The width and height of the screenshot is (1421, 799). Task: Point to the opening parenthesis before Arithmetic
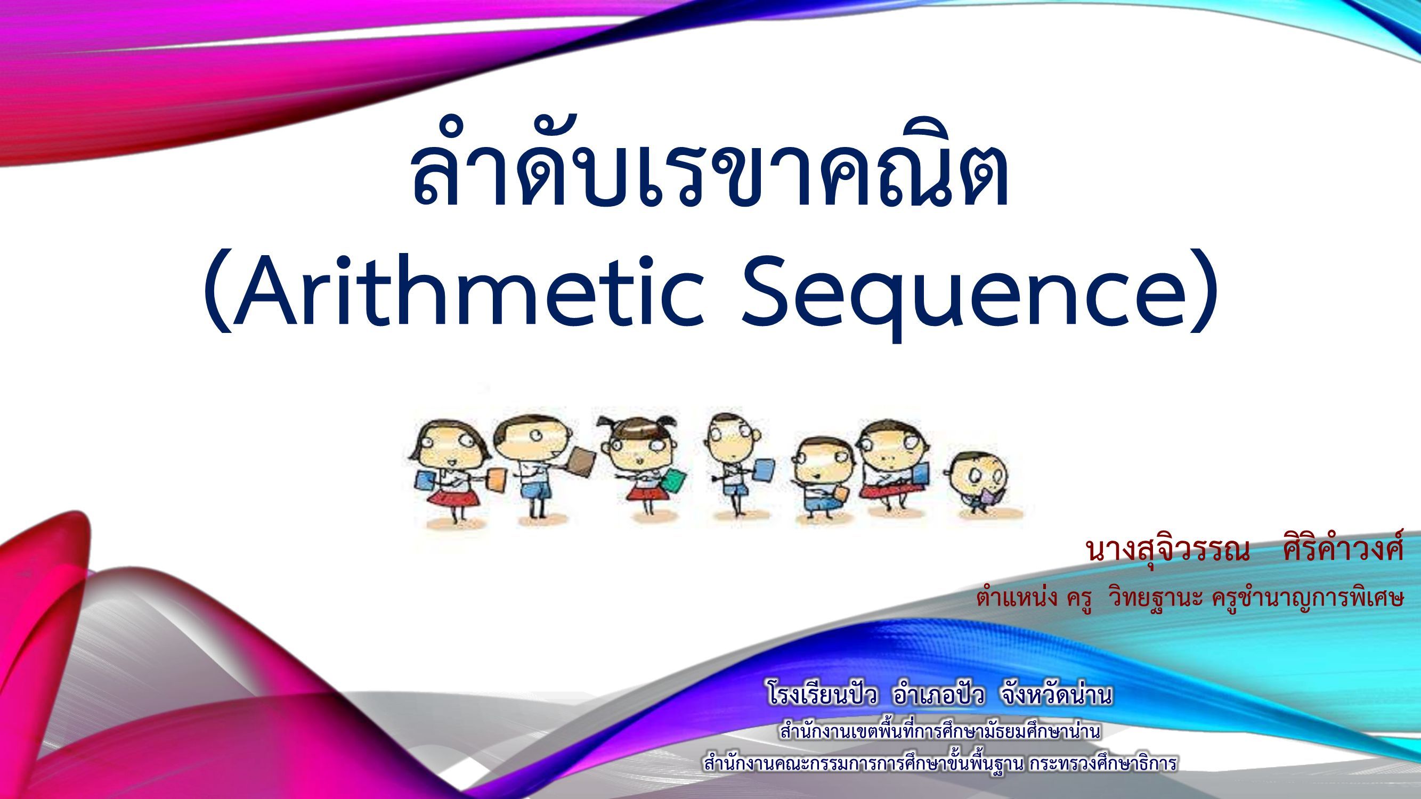pos(217,292)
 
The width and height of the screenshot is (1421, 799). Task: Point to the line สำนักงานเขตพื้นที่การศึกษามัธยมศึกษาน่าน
pos(941,731)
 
